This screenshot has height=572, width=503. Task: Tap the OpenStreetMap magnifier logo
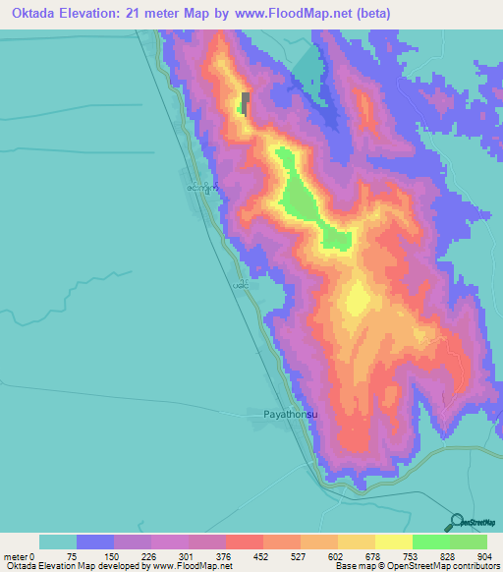click(456, 522)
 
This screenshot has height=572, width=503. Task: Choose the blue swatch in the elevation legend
click(95, 542)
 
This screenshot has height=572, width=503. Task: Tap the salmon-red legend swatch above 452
click(244, 542)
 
